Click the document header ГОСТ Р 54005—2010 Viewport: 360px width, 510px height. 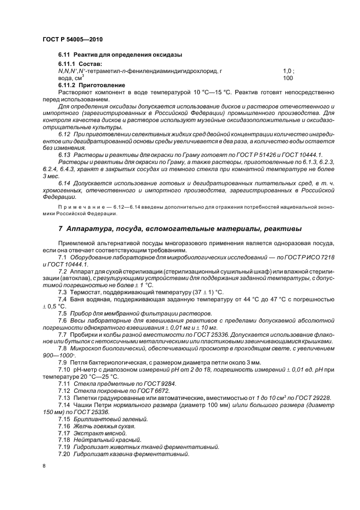coord(72,40)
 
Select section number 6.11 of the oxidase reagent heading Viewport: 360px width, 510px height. coord(64,55)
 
